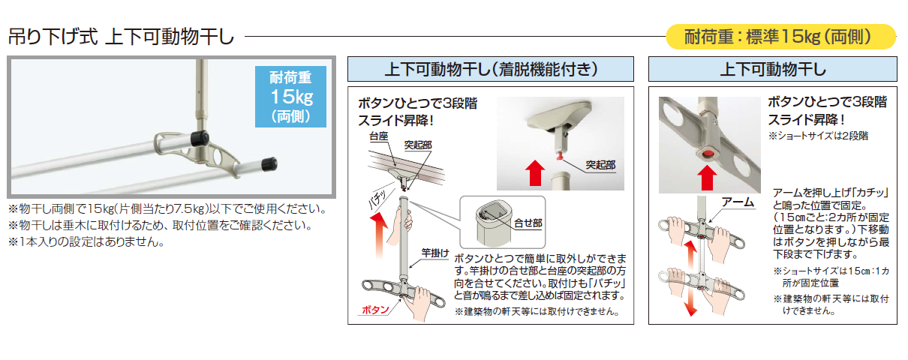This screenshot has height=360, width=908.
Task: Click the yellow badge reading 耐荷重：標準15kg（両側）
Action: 781,35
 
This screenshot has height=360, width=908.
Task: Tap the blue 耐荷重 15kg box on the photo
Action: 290,95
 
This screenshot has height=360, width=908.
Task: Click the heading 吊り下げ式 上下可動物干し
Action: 121,35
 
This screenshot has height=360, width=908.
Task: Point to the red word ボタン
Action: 376,309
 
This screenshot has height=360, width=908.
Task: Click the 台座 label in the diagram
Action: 378,138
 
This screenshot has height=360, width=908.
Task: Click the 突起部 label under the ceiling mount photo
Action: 600,163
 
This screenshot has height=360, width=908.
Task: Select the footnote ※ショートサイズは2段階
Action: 816,136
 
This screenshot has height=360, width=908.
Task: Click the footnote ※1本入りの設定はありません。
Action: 86,241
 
